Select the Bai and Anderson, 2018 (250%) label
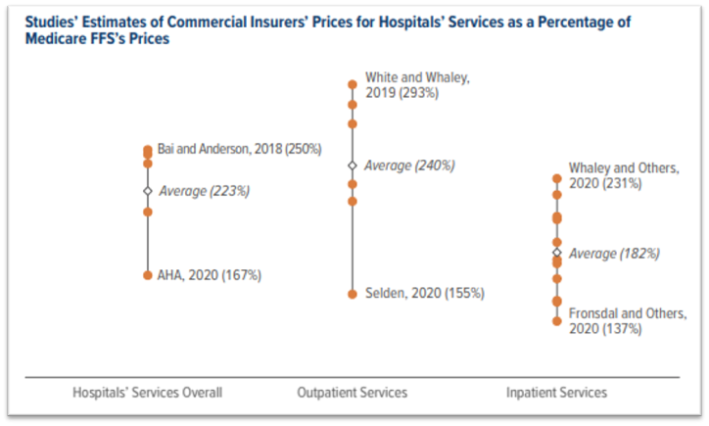[x=240, y=149]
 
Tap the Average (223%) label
[x=204, y=191]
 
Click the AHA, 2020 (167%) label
[x=209, y=275]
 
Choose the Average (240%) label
[x=409, y=166]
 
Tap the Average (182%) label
[x=614, y=253]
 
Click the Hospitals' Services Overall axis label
[x=148, y=393]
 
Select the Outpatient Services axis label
[x=353, y=393]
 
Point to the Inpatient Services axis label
[x=556, y=393]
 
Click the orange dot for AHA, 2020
[x=148, y=275]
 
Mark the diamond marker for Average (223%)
[x=148, y=191]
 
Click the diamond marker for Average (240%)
[x=353, y=166]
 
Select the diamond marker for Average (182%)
[x=556, y=253]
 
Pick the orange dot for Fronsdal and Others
[x=556, y=320]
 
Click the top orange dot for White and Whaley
[x=353, y=85]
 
